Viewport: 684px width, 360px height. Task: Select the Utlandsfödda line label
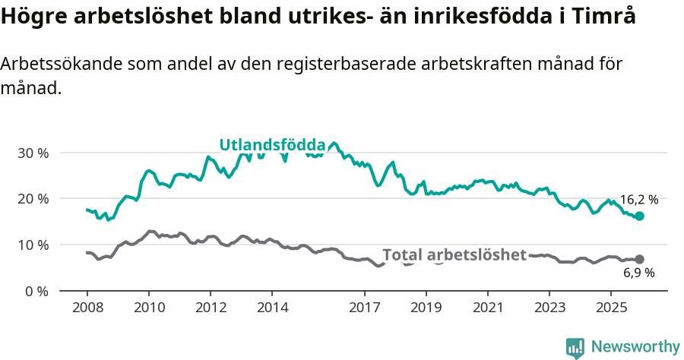point(272,145)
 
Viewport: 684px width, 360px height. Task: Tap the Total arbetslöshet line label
point(454,254)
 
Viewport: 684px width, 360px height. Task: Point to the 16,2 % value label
point(638,200)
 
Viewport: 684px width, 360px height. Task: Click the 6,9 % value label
point(638,273)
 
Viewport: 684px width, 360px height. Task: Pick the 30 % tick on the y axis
point(32,153)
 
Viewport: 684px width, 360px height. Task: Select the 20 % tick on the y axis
point(32,199)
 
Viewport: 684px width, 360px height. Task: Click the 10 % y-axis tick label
point(32,245)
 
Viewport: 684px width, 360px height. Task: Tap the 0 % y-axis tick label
point(36,292)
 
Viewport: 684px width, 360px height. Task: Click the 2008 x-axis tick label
point(87,308)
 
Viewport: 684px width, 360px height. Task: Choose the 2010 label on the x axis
point(148,308)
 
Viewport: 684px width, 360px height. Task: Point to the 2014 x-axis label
point(272,308)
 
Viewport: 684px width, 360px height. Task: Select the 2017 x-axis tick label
point(365,308)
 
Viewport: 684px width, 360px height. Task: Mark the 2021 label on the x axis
point(488,308)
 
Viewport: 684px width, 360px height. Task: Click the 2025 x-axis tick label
point(611,308)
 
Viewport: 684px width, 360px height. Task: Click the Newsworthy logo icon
point(575,348)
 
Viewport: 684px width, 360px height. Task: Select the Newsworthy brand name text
point(635,347)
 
